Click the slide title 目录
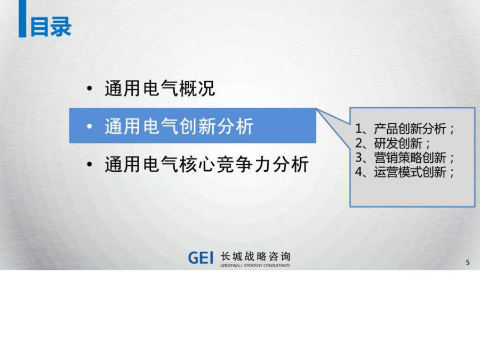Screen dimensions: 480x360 51,27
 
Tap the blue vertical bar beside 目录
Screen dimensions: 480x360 22,19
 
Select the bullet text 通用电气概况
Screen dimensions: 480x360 160,89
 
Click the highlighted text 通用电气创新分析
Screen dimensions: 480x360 179,126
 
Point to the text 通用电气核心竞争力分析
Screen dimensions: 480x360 206,164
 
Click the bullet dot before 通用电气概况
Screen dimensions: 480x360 90,89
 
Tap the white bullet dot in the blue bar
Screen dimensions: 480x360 90,126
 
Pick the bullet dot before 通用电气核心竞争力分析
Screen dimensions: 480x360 90,164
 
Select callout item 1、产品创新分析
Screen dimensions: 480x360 404,129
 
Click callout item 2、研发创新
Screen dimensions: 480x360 393,143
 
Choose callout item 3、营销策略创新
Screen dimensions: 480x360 404,158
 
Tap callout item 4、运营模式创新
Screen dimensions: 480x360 404,172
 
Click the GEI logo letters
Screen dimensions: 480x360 201,258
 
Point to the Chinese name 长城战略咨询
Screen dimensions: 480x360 255,256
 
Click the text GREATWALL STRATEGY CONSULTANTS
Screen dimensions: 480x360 255,266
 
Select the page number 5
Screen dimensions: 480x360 467,262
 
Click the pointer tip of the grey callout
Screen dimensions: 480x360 317,109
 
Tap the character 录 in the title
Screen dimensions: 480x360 61,27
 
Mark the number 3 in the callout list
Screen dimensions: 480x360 359,158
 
